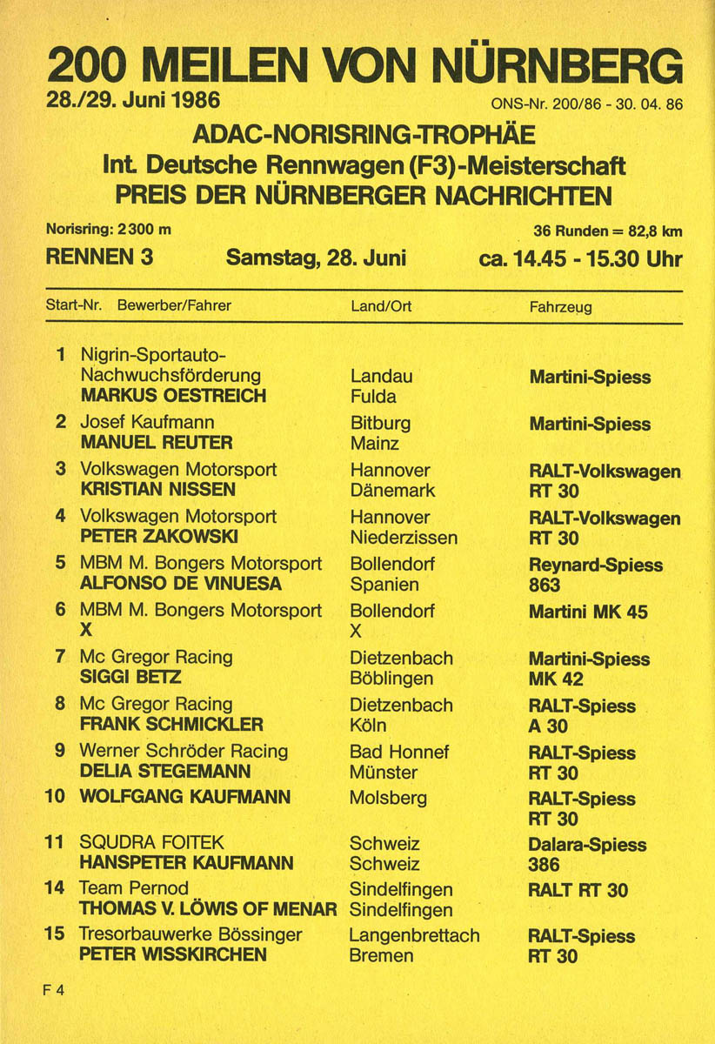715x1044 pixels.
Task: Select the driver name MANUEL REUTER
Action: [x=157, y=443]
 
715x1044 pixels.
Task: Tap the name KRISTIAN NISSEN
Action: [x=157, y=490]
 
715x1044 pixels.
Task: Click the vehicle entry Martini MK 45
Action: [x=588, y=612]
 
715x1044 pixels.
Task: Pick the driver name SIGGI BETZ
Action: [x=130, y=678]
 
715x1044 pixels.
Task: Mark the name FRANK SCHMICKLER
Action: [x=171, y=725]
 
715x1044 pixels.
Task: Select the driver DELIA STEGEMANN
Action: [x=165, y=772]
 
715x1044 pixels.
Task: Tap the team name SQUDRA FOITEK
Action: [x=151, y=843]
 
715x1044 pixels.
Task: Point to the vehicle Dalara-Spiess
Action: [x=587, y=845]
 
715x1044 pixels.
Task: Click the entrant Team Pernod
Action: [x=133, y=888]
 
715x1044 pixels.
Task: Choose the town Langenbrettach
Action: [x=414, y=935]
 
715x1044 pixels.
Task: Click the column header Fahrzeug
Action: [x=560, y=306]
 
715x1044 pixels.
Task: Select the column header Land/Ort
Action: [x=381, y=306]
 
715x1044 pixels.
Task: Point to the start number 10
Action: [x=55, y=797]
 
